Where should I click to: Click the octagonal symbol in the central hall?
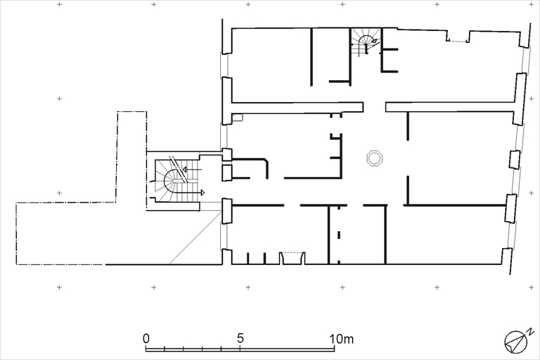pyautogui.click(x=374, y=158)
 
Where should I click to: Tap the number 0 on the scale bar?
pyautogui.click(x=146, y=339)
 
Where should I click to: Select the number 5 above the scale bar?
pyautogui.click(x=240, y=338)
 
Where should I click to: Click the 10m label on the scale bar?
pyautogui.click(x=341, y=339)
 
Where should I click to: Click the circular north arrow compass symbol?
pyautogui.click(x=516, y=342)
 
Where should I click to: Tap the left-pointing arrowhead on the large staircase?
pyautogui.click(x=185, y=169)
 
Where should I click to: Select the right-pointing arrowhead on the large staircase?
pyautogui.click(x=202, y=192)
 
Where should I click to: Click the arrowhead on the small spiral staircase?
pyautogui.click(x=373, y=41)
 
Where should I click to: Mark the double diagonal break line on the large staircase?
pyautogui.click(x=179, y=169)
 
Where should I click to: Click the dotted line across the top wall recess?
pyautogui.click(x=457, y=41)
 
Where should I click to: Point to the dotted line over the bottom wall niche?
pyautogui.click(x=292, y=252)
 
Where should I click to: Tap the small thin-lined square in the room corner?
pyautogui.click(x=237, y=117)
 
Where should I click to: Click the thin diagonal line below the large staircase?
pyautogui.click(x=195, y=238)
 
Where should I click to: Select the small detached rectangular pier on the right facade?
pyautogui.click(x=515, y=160)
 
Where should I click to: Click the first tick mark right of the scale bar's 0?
pyautogui.click(x=165, y=348)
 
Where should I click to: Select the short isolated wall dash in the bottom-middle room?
pyautogui.click(x=339, y=235)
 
